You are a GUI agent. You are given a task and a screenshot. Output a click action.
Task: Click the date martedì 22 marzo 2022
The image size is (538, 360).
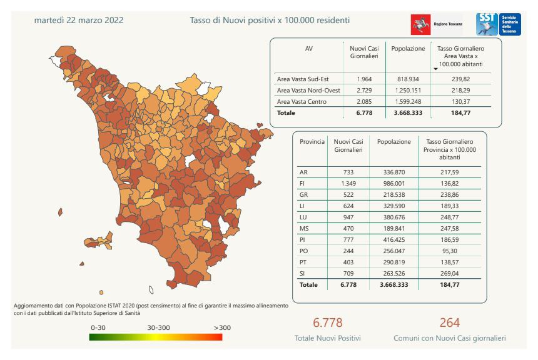tap(79, 21)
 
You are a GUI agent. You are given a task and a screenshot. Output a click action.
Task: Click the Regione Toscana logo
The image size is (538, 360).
tap(435, 24)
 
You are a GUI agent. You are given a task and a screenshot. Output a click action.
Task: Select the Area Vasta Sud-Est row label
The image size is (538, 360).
tap(303, 79)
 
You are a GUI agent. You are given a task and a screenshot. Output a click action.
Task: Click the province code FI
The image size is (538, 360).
tap(303, 183)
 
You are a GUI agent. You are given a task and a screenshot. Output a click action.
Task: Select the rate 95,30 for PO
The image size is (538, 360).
tap(450, 251)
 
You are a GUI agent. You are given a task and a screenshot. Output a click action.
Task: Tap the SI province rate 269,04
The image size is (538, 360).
tap(450, 273)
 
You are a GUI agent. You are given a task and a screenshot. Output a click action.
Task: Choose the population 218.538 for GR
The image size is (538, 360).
tap(394, 194)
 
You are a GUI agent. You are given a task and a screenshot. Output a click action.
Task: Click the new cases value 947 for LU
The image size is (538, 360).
tap(348, 217)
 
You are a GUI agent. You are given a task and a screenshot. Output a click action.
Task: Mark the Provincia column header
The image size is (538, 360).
tap(312, 142)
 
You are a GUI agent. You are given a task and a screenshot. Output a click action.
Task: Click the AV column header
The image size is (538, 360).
tap(309, 48)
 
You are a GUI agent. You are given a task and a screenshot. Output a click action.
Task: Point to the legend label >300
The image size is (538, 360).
tap(222, 327)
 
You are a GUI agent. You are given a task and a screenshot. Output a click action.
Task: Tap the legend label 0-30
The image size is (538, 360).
tap(98, 327)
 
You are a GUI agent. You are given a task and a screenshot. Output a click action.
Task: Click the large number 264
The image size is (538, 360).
tap(449, 322)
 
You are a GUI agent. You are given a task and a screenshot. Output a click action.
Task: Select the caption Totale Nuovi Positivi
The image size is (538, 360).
tap(327, 338)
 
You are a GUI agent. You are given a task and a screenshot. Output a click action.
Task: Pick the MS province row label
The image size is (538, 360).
tap(305, 228)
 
